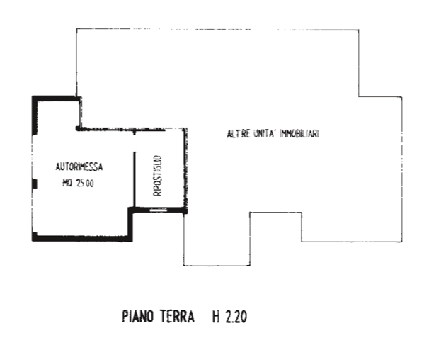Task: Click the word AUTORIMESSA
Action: (79, 167)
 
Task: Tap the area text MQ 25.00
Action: (78, 183)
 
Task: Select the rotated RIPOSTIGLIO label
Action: (157, 176)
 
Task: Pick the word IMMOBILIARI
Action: (299, 133)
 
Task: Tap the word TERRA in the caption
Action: (177, 317)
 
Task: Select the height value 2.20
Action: (236, 317)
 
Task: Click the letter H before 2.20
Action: (216, 317)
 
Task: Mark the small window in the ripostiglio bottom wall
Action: (159, 210)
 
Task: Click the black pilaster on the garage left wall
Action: (35, 184)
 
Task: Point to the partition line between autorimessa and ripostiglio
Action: (135, 179)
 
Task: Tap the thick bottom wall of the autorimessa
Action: (82, 239)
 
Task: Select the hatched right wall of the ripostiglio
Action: (185, 168)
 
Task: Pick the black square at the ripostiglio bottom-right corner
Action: (185, 211)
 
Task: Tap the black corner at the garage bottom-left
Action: (35, 237)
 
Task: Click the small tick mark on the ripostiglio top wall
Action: (135, 133)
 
